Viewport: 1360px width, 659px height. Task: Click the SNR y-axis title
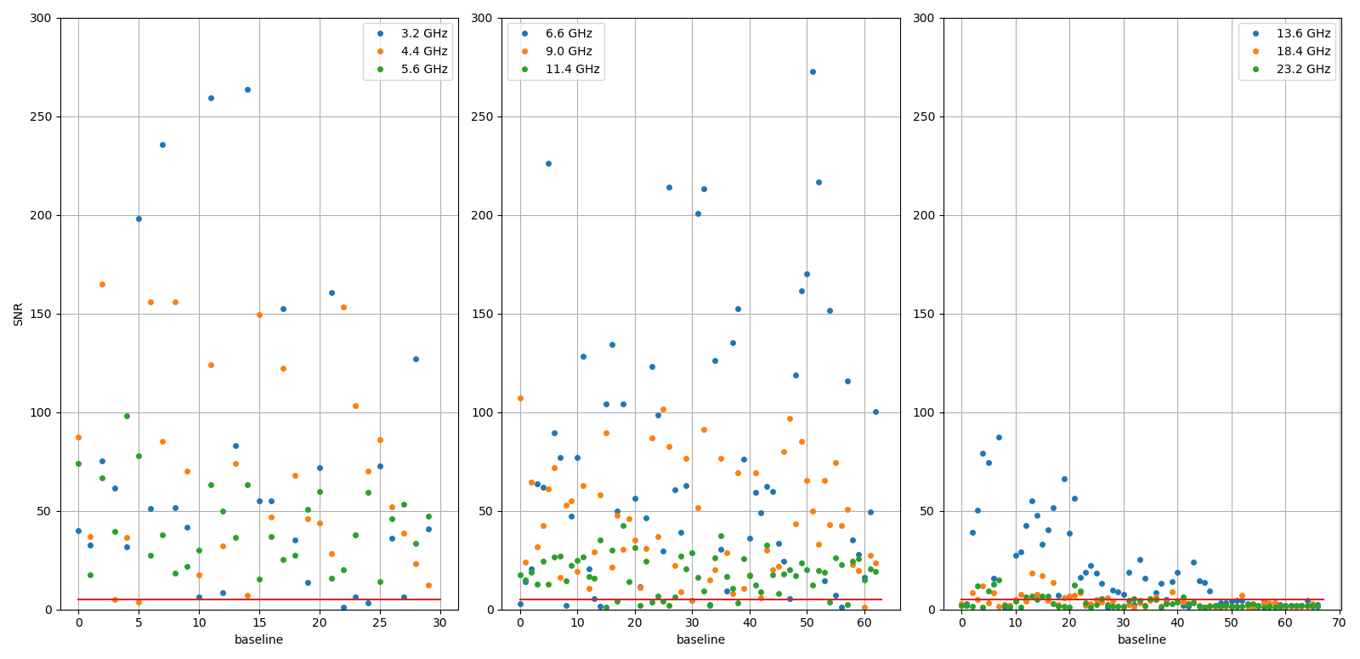tap(19, 314)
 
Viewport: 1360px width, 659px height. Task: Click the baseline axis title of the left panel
tap(259, 639)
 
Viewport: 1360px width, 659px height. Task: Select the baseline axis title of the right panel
tap(1142, 639)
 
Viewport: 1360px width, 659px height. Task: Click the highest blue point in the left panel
tap(247, 89)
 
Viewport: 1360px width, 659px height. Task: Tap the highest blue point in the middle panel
tap(813, 71)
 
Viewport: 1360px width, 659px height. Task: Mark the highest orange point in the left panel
tap(102, 284)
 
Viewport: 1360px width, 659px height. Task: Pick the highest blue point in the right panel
tap(999, 437)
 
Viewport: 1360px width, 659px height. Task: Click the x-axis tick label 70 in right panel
tap(1339, 623)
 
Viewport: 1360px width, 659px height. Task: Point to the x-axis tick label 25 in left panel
tap(380, 623)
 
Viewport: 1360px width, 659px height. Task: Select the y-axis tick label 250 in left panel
tap(41, 116)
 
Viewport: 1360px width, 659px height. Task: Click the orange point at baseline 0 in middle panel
tap(520, 398)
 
